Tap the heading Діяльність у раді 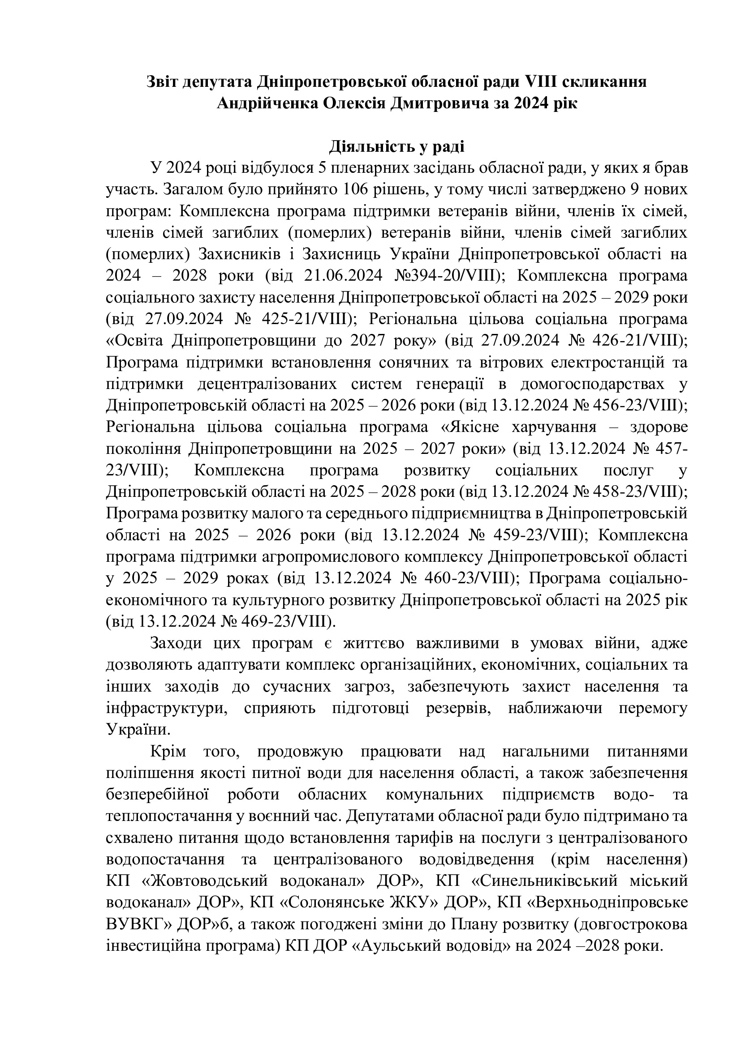coord(396,147)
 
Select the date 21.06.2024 coord(340,275)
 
